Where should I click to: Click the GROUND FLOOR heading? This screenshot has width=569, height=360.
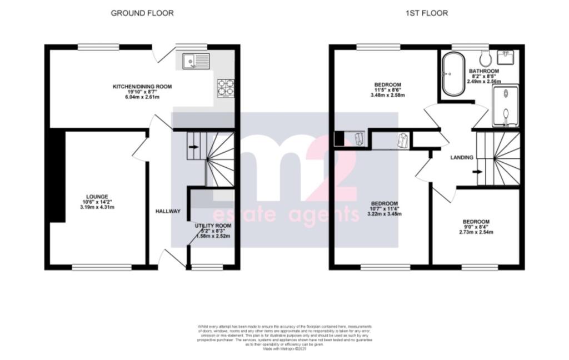142,13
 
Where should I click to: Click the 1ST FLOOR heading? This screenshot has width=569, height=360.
426,13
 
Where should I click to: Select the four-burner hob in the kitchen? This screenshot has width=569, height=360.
225,87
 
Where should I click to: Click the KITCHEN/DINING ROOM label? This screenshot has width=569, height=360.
142,87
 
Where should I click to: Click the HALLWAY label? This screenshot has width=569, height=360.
167,211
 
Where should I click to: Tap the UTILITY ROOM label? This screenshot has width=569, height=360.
213,226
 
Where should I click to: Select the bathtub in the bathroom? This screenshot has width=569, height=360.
450,73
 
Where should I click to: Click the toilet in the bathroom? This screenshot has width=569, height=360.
485,57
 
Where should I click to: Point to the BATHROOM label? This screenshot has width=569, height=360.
483,71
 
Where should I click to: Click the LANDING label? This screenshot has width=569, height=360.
461,158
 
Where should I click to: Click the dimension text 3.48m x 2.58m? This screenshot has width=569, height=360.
387,95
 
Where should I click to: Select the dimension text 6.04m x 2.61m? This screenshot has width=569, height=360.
142,97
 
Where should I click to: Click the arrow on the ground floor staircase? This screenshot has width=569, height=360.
193,147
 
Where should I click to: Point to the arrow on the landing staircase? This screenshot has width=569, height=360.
476,172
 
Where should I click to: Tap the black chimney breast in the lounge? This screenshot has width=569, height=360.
56,176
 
